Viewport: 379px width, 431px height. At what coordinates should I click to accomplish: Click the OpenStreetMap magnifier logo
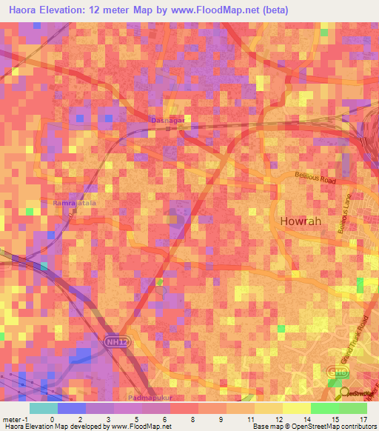point(343,392)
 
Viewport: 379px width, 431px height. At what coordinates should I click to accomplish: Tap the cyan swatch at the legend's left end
point(43,408)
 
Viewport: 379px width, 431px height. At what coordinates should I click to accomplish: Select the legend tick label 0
point(52,418)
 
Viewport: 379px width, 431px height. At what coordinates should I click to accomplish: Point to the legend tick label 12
point(277,418)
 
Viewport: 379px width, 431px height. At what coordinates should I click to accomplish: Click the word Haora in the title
point(27,10)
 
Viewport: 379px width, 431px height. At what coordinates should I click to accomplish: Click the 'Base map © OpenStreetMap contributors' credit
point(313,427)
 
